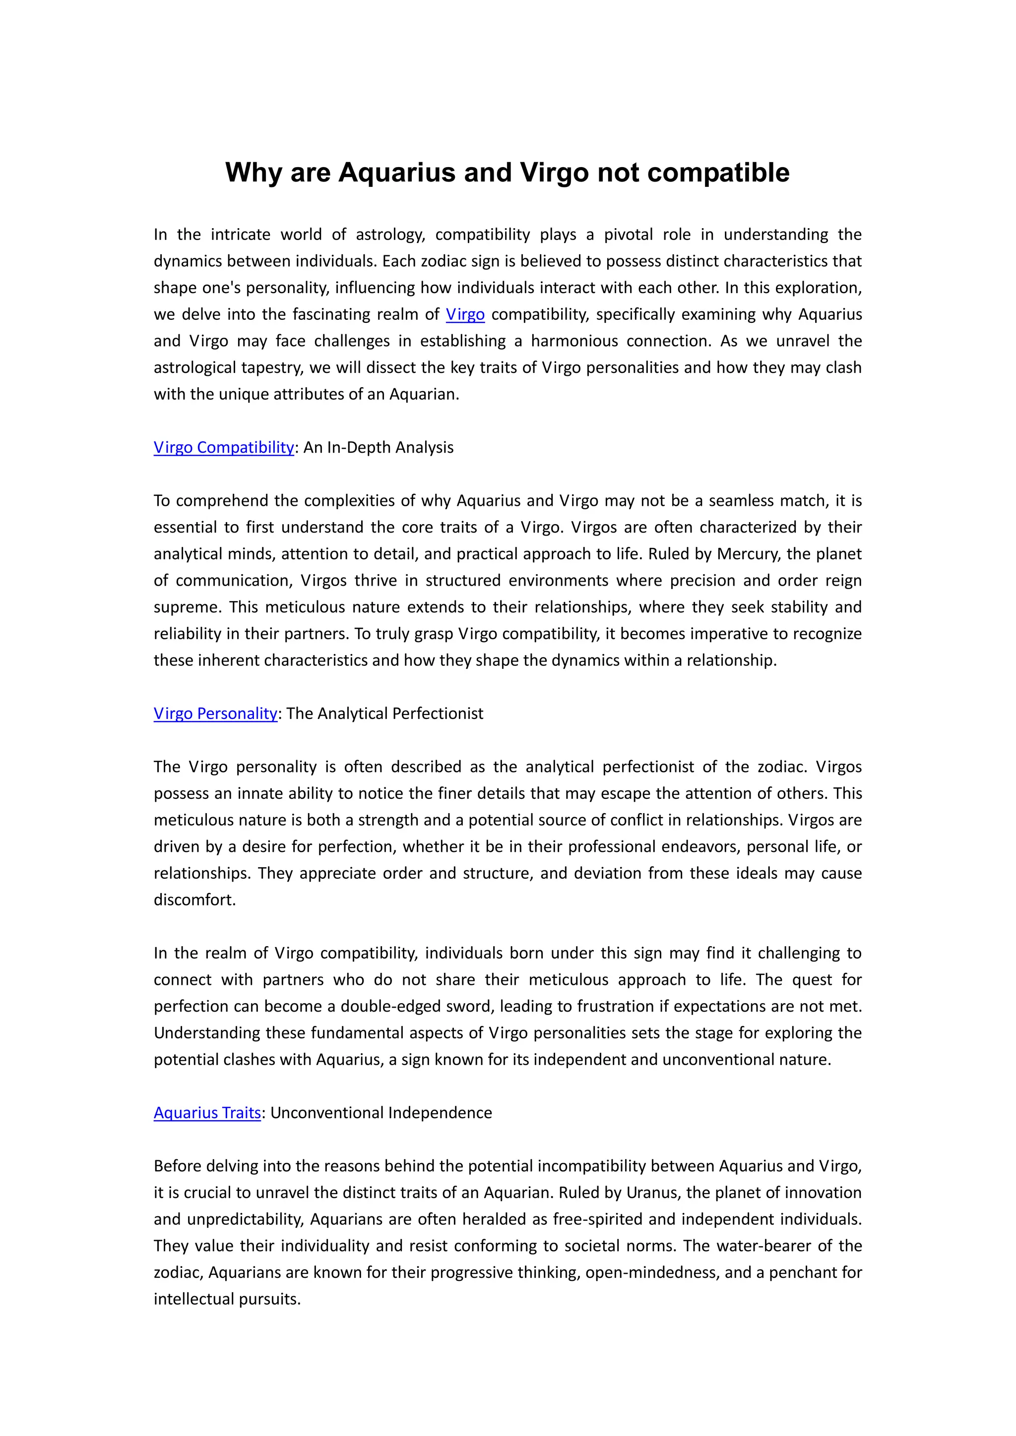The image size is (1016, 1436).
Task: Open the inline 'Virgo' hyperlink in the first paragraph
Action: (465, 314)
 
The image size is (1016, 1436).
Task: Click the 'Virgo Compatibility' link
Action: (223, 447)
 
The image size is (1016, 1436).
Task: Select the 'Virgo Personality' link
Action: (215, 713)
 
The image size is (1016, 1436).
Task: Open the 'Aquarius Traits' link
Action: (207, 1113)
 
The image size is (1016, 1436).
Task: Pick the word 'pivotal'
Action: (628, 235)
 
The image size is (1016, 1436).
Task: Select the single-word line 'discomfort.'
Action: (194, 899)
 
